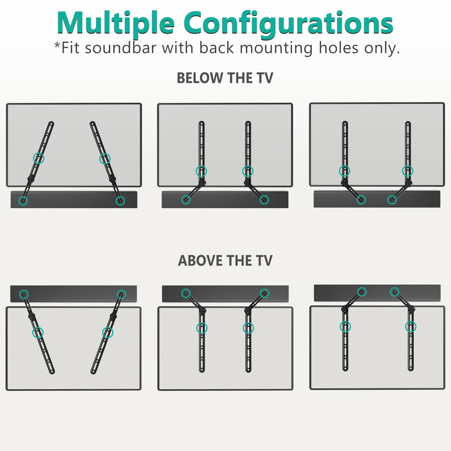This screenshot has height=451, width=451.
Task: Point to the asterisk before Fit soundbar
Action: pos(57,46)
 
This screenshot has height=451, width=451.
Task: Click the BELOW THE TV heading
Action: pos(225,78)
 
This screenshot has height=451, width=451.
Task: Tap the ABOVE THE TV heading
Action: pos(225,260)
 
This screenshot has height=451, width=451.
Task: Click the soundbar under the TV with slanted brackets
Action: pos(74,200)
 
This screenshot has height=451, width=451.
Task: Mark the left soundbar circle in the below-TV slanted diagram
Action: pos(23,201)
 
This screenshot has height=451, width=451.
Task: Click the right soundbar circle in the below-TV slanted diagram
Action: pos(120,201)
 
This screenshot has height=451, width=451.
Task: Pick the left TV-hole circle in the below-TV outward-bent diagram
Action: pos(201,171)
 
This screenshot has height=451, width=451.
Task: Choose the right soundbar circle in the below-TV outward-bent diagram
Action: pos(264,200)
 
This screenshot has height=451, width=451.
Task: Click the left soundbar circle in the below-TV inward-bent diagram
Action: pos(361,200)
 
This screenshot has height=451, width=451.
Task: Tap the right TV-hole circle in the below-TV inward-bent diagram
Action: pos(408,171)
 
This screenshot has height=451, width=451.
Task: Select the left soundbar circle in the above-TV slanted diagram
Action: pos(24,294)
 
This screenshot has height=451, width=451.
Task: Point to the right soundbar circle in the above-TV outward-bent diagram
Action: pos(264,293)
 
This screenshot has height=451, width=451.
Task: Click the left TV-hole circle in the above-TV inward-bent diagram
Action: pos(345,327)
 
